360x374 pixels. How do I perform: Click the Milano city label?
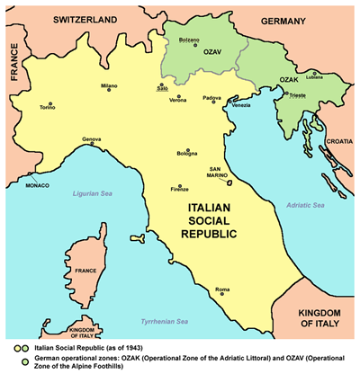pos(109,86)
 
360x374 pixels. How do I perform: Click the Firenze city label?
pos(179,190)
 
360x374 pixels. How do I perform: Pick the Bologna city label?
pos(186,156)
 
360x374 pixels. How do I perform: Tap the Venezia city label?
pos(240,106)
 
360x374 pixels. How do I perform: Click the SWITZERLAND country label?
pos(86,19)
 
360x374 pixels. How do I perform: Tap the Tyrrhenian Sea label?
pos(163,321)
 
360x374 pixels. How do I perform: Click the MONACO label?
pos(37,185)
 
